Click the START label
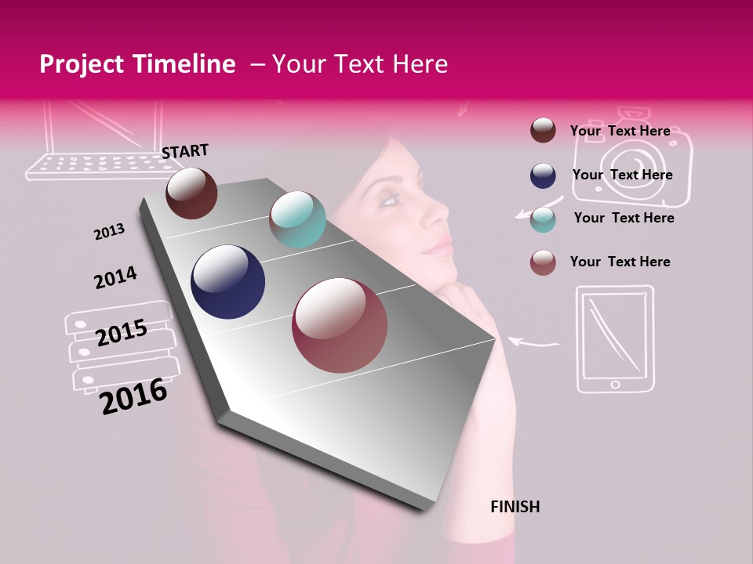pos(185,151)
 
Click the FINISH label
pos(515,507)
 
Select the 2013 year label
pos(109,232)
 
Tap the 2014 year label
pos(115,277)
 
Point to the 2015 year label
pos(122,333)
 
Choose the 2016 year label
pos(133,396)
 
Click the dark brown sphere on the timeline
pos(191,193)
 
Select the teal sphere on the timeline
pos(297,219)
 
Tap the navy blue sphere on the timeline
pos(228,282)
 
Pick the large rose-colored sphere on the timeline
pos(340,325)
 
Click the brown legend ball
pos(543,130)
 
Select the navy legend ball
pos(543,175)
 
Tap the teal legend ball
pos(543,219)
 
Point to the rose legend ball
pos(543,262)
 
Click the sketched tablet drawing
pos(615,338)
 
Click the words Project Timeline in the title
pos(137,64)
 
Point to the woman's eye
pos(390,200)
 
